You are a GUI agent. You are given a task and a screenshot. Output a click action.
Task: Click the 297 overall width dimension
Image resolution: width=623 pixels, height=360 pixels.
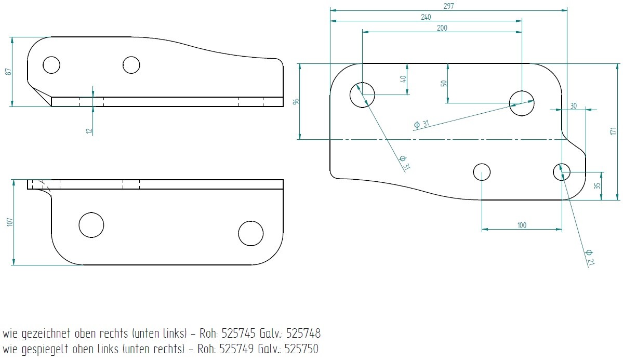pyautogui.click(x=448, y=6)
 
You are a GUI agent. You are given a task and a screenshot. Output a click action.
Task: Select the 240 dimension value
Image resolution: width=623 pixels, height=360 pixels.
pyautogui.click(x=426, y=17)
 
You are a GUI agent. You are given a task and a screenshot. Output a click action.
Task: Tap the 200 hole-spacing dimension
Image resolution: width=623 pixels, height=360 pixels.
pyautogui.click(x=442, y=28)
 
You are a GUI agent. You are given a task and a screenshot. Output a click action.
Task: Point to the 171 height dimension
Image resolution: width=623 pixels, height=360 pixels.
pyautogui.click(x=614, y=131)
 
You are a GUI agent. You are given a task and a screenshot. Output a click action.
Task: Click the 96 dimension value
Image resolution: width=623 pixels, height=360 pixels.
pyautogui.click(x=296, y=102)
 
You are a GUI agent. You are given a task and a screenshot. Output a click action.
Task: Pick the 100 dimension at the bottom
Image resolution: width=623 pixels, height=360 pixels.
pyautogui.click(x=522, y=225)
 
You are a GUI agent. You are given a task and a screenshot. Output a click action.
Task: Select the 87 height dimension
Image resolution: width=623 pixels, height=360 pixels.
pyautogui.click(x=8, y=72)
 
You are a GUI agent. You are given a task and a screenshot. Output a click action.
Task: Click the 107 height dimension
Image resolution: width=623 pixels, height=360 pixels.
pyautogui.click(x=10, y=222)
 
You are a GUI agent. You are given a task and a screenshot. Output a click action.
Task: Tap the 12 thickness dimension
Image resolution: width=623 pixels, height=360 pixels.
pyautogui.click(x=89, y=130)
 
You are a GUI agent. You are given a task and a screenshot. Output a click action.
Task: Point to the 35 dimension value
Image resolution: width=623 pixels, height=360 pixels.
pyautogui.click(x=598, y=185)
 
